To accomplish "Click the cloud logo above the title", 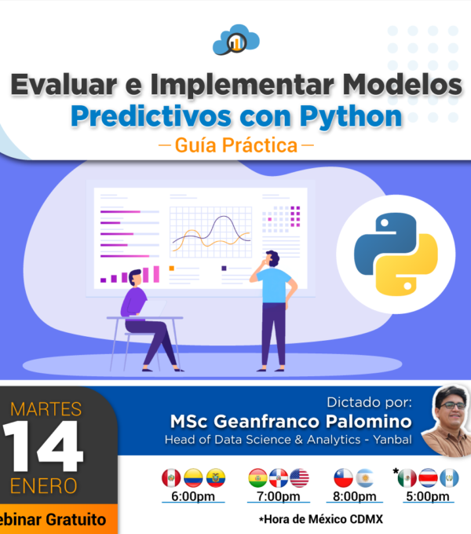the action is (x=236, y=40).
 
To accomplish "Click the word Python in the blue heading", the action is (x=351, y=117).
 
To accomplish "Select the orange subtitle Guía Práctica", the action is (x=236, y=145).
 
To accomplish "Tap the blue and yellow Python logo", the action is (x=396, y=254).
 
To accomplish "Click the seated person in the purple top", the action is (x=146, y=320).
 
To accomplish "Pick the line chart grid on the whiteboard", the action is (x=210, y=232).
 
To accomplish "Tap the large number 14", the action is (x=42, y=445).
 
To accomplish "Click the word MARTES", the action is (x=46, y=409).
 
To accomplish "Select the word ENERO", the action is (x=43, y=486).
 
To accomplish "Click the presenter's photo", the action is (x=447, y=421).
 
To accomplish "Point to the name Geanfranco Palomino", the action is (x=312, y=422).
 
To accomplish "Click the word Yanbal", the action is (x=392, y=440).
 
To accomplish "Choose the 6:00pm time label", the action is (x=193, y=496).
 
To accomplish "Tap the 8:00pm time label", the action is (x=355, y=496).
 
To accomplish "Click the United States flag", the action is (x=299, y=477).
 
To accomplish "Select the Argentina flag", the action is (x=365, y=477).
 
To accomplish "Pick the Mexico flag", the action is (x=407, y=477).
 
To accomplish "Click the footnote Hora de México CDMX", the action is (x=323, y=519).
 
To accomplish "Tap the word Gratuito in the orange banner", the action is (x=76, y=520).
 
